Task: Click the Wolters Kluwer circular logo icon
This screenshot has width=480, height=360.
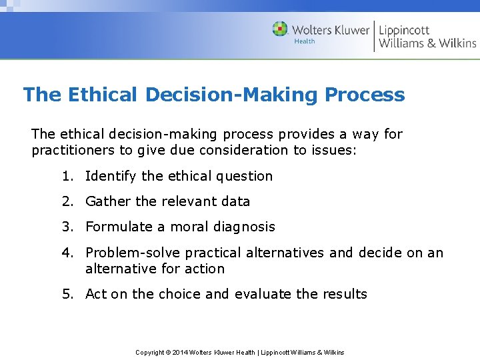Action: tap(280, 29)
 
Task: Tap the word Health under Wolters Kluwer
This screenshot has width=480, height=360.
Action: tap(304, 41)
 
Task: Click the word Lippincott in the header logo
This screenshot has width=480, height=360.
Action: tap(404, 30)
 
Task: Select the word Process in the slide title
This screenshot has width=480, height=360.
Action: tap(365, 95)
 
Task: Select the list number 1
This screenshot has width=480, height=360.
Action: tap(67, 176)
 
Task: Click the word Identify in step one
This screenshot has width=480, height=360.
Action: tap(111, 176)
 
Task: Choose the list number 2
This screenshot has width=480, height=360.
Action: tap(67, 201)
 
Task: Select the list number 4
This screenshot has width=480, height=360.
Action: tap(67, 253)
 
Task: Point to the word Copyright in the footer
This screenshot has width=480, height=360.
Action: tap(149, 352)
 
